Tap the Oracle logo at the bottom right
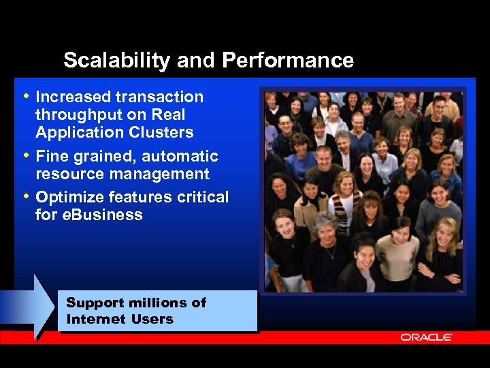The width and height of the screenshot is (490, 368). (427, 337)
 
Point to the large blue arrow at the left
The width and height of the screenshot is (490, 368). (31, 306)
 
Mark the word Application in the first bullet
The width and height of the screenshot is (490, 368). (76, 132)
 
